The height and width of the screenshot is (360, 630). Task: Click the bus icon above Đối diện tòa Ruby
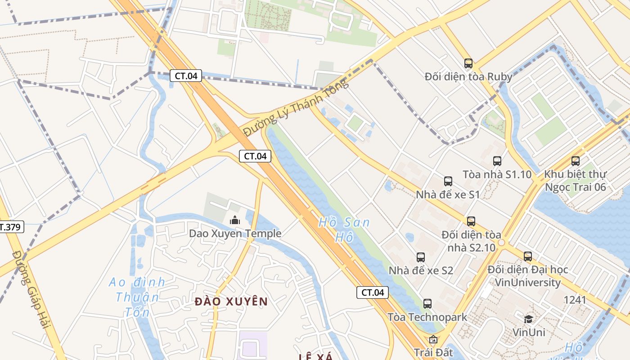click(468, 63)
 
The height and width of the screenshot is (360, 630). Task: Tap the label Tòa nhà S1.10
click(497, 175)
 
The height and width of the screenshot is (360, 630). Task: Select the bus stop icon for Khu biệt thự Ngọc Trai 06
click(575, 161)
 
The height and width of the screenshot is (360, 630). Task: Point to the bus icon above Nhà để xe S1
click(448, 181)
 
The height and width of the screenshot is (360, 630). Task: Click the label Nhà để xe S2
click(421, 270)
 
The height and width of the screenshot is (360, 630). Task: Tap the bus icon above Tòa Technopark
click(427, 304)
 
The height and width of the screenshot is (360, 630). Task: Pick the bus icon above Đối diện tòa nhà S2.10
click(471, 221)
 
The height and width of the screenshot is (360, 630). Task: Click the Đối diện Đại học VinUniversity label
click(528, 276)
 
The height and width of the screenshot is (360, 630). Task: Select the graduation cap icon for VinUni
click(529, 319)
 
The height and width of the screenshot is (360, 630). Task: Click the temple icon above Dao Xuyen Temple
click(234, 220)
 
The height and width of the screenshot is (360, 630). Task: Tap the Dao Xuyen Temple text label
click(235, 233)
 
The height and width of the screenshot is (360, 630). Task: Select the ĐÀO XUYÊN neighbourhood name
click(231, 301)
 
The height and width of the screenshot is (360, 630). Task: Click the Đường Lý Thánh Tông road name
click(296, 108)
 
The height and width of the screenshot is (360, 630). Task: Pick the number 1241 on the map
click(575, 300)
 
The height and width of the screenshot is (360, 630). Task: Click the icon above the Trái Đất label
click(433, 339)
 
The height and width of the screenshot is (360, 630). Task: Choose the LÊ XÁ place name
click(315, 357)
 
